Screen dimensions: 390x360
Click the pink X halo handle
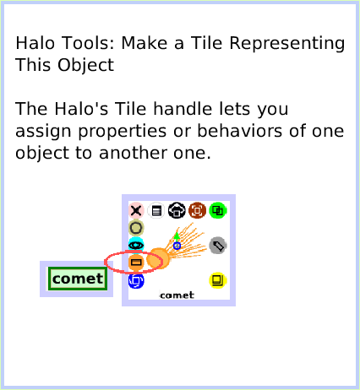click(135, 210)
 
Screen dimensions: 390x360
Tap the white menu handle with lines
click(156, 210)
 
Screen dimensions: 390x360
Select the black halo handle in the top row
click(177, 210)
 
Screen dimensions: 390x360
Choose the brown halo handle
click(197, 210)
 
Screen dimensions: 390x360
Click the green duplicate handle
click(218, 210)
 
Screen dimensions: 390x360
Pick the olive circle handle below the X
click(135, 228)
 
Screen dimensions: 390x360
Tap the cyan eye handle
click(135, 245)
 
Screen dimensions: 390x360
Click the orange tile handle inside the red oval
click(135, 263)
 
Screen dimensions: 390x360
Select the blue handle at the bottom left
click(135, 280)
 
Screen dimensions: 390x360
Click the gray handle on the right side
click(218, 245)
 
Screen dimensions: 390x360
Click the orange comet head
click(158, 258)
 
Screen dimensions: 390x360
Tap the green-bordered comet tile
click(77, 279)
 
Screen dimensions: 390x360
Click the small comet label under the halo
click(177, 295)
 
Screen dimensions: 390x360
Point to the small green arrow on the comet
click(176, 236)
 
